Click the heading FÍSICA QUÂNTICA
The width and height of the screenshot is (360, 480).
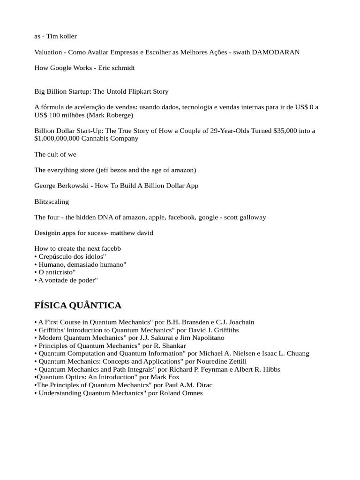tap(78, 306)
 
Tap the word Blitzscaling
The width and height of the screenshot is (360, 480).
tap(52, 202)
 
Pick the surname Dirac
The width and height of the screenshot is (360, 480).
tap(203, 385)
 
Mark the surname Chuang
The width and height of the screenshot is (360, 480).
tap(296, 353)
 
